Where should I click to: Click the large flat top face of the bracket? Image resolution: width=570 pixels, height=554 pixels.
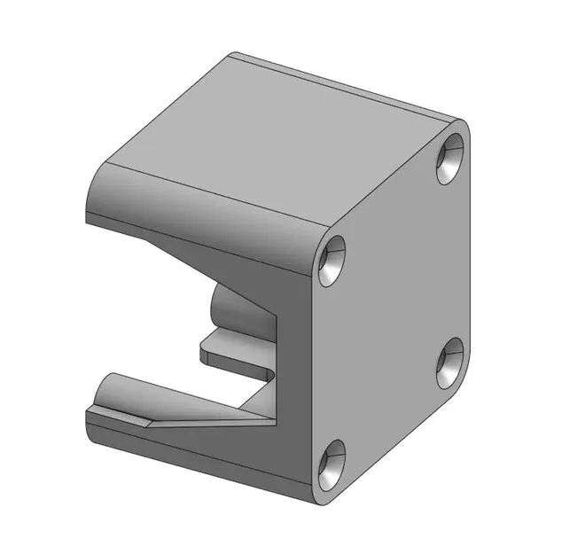[x=275, y=133]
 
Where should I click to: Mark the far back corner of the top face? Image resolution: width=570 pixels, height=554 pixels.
[x=232, y=55]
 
